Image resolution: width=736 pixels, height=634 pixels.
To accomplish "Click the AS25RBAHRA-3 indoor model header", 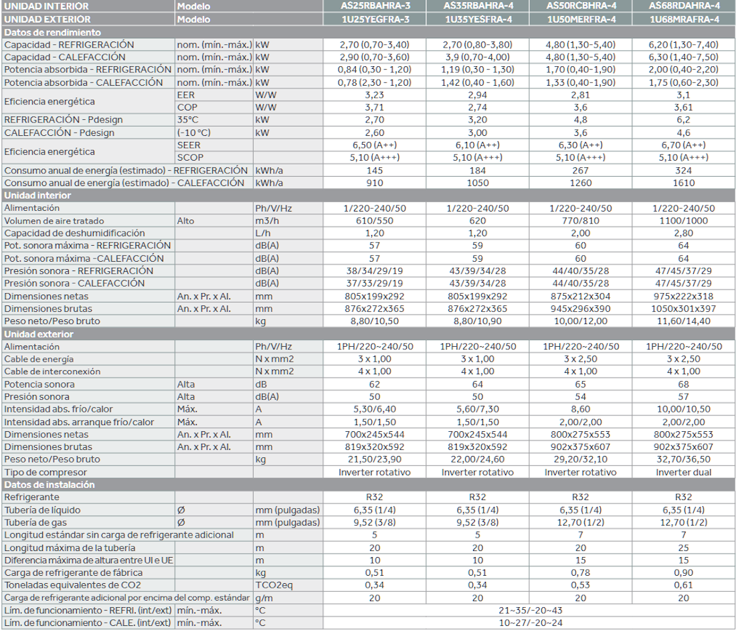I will click(x=375, y=7).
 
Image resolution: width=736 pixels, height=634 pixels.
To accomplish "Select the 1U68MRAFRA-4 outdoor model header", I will click(x=683, y=19).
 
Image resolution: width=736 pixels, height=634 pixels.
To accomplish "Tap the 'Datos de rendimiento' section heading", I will click(x=53, y=32).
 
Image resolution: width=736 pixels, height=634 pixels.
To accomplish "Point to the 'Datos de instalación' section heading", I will click(x=50, y=485).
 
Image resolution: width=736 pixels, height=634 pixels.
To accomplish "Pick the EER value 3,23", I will click(x=375, y=95).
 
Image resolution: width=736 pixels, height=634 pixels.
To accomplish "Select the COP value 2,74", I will click(x=477, y=107).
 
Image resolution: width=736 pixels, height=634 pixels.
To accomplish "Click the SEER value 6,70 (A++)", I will click(x=683, y=145).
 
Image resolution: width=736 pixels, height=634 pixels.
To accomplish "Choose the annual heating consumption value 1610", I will click(x=683, y=183).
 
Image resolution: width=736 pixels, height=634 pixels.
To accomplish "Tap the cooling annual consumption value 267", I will click(x=580, y=171).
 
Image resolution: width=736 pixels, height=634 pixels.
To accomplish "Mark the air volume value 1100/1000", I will click(x=683, y=220).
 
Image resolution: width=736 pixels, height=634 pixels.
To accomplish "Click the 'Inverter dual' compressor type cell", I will click(x=683, y=472).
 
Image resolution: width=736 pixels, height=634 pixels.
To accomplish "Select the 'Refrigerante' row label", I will click(x=31, y=497).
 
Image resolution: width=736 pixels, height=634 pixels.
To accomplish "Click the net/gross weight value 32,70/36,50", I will click(x=683, y=459).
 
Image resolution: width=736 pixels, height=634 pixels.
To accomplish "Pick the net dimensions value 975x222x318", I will click(x=683, y=296).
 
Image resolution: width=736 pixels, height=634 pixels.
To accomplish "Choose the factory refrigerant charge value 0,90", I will click(x=683, y=573).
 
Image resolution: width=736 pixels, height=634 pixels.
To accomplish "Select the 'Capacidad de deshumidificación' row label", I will click(x=74, y=233).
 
